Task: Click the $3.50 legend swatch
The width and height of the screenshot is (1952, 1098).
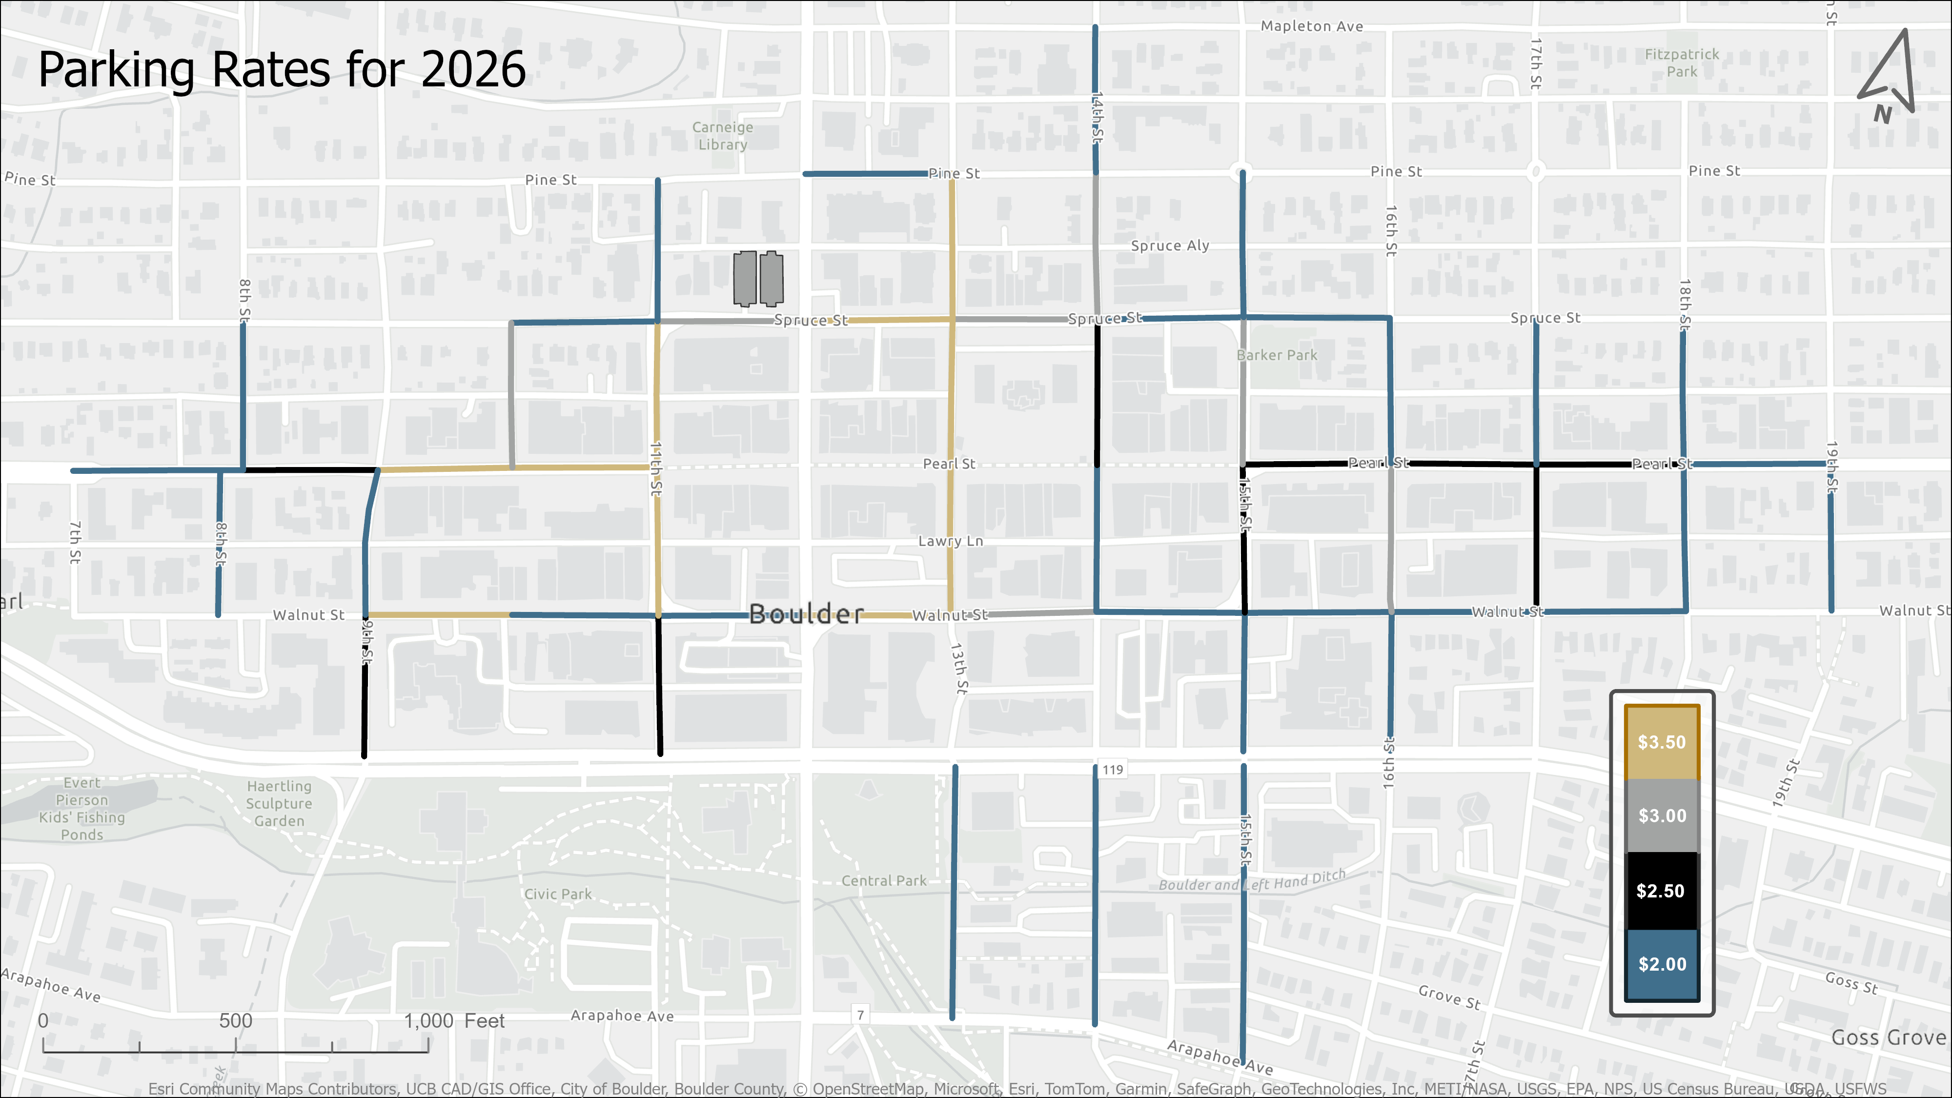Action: pyautogui.click(x=1662, y=742)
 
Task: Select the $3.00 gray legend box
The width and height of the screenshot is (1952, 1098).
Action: pyautogui.click(x=1662, y=815)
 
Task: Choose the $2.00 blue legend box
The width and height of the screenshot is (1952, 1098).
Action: pyautogui.click(x=1662, y=964)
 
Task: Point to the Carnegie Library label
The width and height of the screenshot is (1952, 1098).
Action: pyautogui.click(x=722, y=136)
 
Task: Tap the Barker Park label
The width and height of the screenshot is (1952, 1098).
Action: pyautogui.click(x=1277, y=355)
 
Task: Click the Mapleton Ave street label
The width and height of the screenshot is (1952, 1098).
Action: pyautogui.click(x=1312, y=26)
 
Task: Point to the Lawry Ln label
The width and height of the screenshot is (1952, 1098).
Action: pyautogui.click(x=950, y=541)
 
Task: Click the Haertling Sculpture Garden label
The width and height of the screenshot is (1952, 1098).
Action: pyautogui.click(x=279, y=803)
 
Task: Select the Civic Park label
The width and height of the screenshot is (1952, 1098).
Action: pyautogui.click(x=558, y=894)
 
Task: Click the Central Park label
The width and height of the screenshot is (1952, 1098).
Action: pyautogui.click(x=884, y=880)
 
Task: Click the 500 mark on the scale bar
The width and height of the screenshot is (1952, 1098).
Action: pyautogui.click(x=236, y=1021)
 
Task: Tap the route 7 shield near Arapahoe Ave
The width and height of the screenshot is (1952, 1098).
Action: pyautogui.click(x=860, y=1015)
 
